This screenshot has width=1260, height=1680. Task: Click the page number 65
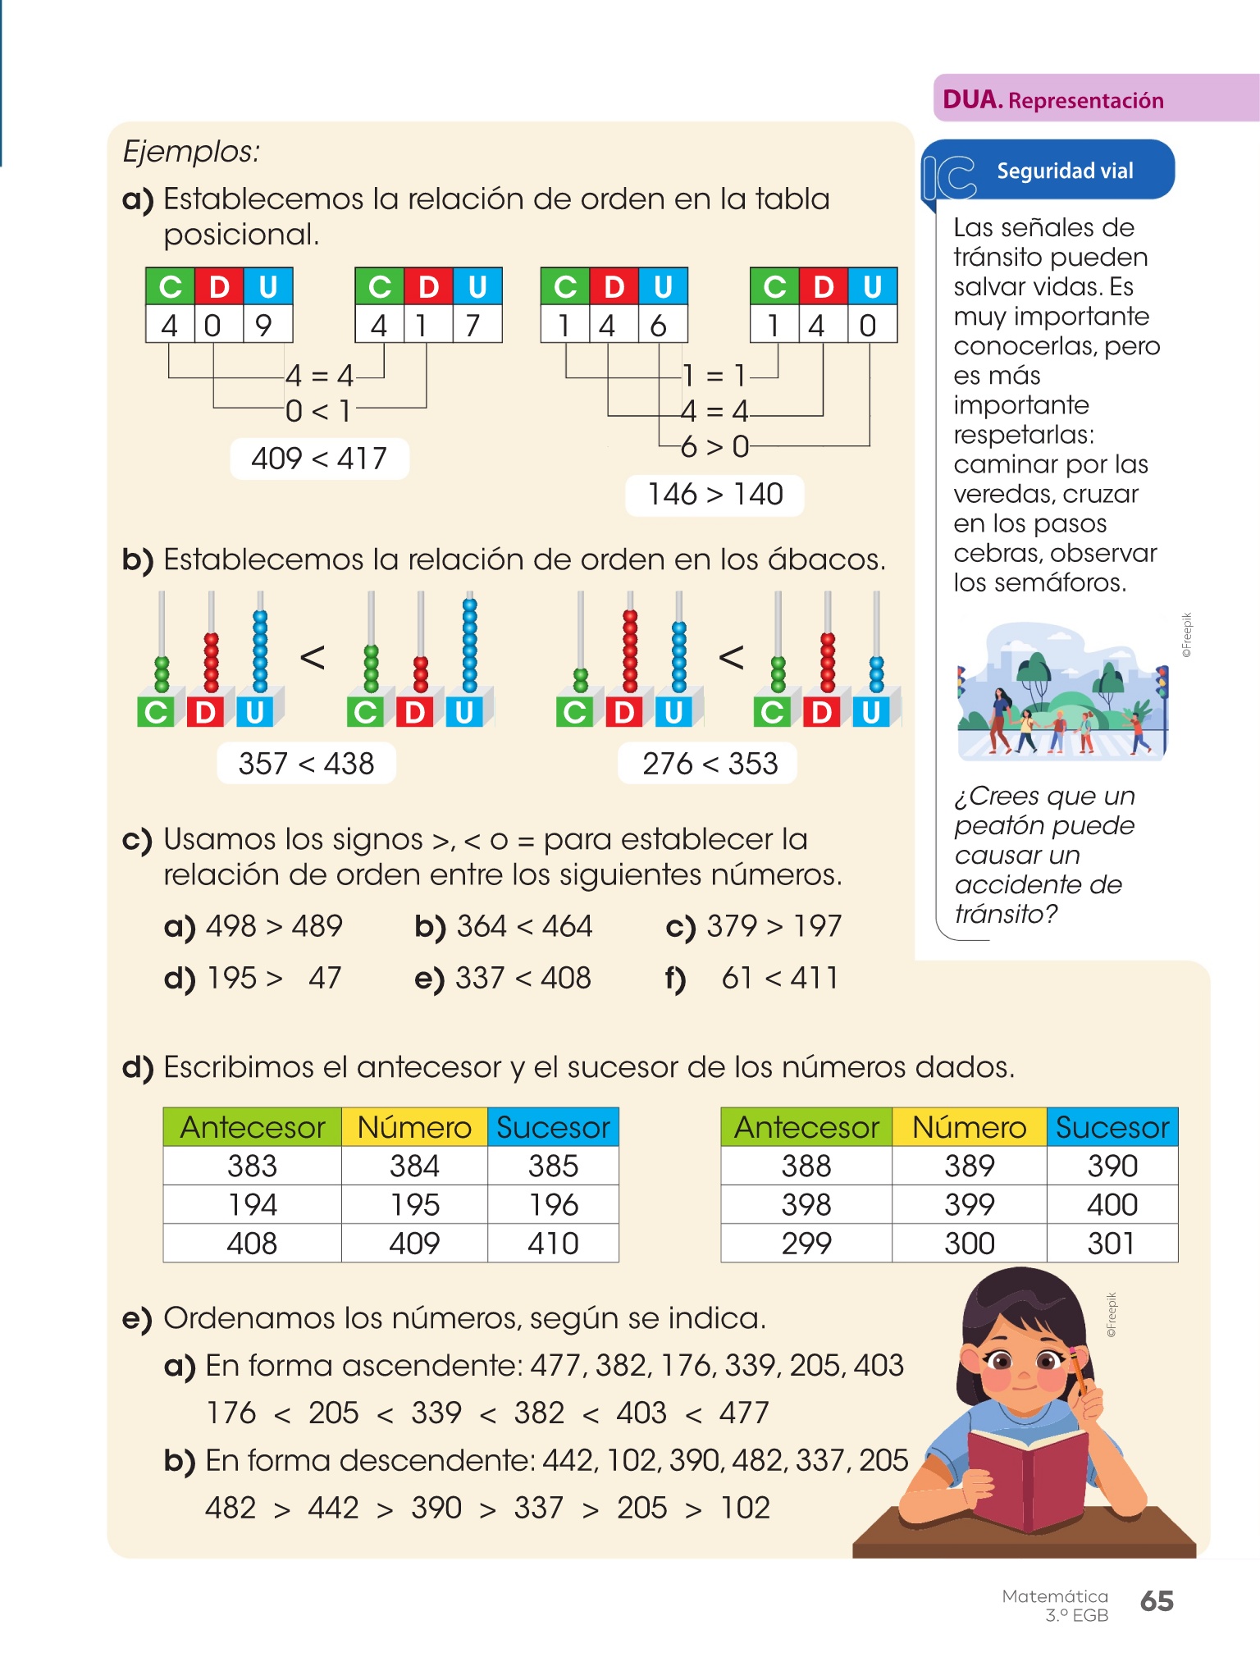[1157, 1600]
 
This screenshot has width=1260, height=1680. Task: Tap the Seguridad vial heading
[1064, 171]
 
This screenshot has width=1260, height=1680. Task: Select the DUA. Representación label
[1053, 100]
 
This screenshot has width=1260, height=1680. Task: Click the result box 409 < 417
[319, 459]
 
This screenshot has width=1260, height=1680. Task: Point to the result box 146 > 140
[714, 495]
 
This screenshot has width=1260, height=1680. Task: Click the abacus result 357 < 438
[306, 764]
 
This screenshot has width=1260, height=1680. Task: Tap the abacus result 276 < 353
[710, 764]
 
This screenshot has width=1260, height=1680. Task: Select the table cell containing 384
[414, 1166]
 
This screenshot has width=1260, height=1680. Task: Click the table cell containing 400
[1112, 1204]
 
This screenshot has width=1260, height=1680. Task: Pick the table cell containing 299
[806, 1244]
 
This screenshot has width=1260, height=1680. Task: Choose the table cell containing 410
[553, 1244]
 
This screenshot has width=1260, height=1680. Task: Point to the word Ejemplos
[191, 152]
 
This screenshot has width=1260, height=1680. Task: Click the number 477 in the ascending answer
[744, 1413]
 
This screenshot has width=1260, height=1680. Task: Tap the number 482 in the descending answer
[231, 1508]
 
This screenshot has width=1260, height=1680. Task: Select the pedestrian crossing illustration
[1062, 693]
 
